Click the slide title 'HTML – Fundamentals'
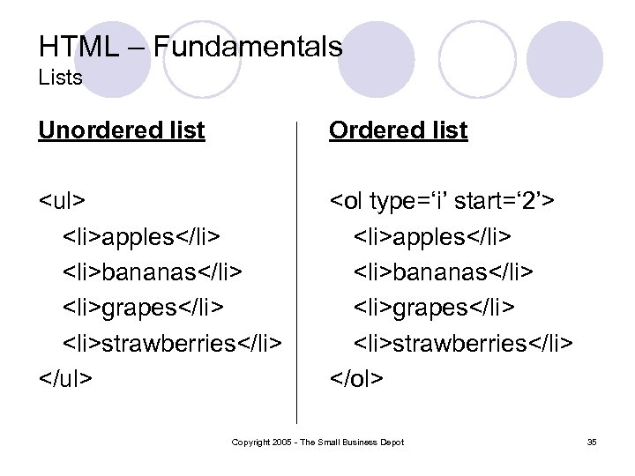pyautogui.click(x=190, y=47)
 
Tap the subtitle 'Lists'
pyautogui.click(x=61, y=78)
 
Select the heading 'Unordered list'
pyautogui.click(x=121, y=130)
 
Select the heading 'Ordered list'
pyautogui.click(x=398, y=130)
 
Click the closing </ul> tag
pyautogui.click(x=66, y=378)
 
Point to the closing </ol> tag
pyautogui.click(x=356, y=378)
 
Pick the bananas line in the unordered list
pyautogui.click(x=153, y=271)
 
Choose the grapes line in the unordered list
pyautogui.click(x=143, y=307)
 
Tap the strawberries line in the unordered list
pyautogui.click(x=171, y=342)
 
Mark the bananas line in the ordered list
pyautogui.click(x=444, y=271)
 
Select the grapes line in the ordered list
pyautogui.click(x=435, y=307)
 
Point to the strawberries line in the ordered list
pyautogui.click(x=463, y=342)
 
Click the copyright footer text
pyautogui.click(x=317, y=442)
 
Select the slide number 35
pyautogui.click(x=591, y=442)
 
